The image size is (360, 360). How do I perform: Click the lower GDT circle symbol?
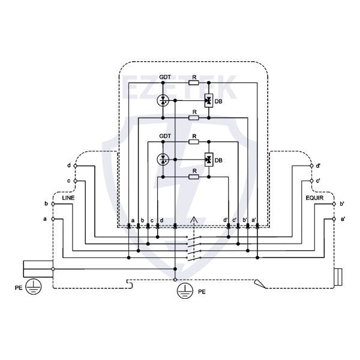164,159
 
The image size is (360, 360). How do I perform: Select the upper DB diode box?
208,101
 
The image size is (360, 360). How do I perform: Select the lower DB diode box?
208,160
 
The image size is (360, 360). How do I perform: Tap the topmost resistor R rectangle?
193,83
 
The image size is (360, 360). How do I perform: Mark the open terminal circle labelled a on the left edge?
53,219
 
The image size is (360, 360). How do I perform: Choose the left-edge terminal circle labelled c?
76,180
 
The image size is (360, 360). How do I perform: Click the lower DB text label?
219,161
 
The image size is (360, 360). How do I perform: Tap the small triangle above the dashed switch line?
193,220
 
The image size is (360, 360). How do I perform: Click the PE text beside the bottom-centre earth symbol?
202,292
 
